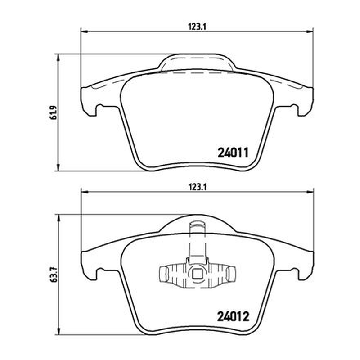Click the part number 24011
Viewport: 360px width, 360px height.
point(233,153)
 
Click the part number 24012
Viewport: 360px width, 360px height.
point(233,317)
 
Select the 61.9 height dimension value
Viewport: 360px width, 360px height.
point(54,112)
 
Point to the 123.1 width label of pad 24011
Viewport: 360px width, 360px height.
point(198,27)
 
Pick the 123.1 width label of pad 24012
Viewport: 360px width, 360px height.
point(198,187)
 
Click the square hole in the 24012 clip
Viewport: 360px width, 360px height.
point(197,274)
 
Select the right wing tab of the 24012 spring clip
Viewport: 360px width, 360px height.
point(230,274)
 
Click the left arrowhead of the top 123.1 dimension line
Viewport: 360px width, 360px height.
point(85,31)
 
